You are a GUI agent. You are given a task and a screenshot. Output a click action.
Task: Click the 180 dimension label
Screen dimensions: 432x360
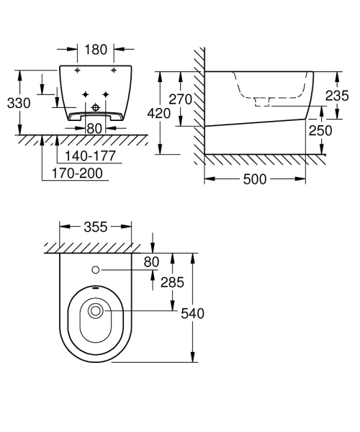point(95,50)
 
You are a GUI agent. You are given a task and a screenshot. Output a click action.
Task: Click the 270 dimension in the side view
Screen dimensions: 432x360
point(180,99)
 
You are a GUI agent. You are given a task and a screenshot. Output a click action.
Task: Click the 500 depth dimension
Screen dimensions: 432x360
point(257,179)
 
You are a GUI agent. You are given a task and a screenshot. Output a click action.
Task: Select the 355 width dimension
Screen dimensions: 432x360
point(95,227)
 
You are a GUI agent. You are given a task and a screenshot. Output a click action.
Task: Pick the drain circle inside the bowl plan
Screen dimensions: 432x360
point(95,311)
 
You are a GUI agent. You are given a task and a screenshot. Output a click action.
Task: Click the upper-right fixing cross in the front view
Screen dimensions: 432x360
point(114,71)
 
